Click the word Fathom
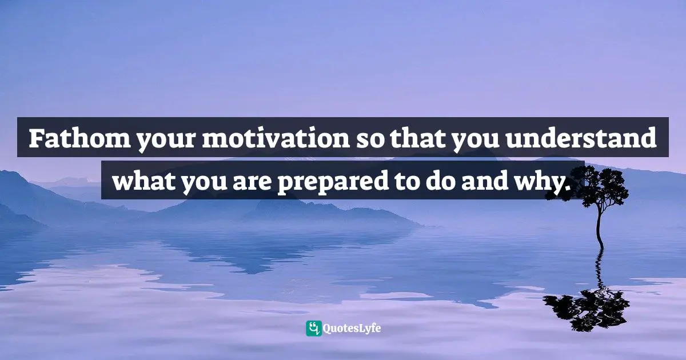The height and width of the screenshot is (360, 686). (79, 138)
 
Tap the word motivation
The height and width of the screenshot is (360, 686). (276, 138)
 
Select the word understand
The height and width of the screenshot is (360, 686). (581, 138)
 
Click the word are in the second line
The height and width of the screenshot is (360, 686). (252, 183)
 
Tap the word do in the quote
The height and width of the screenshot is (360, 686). (440, 180)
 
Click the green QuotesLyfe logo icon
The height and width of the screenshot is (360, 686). (314, 329)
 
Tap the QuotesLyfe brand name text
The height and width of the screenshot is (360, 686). (352, 329)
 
